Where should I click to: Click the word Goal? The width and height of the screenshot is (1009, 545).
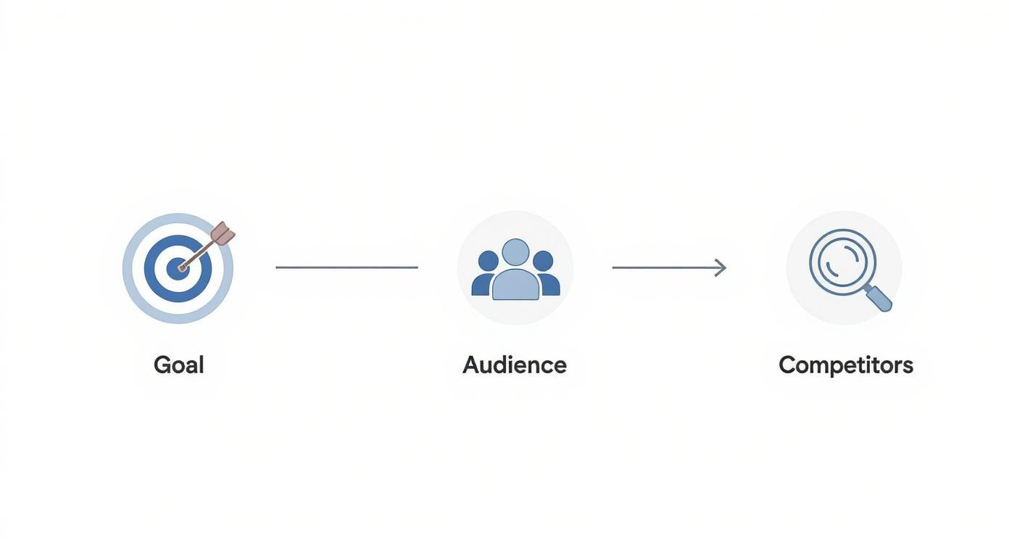coord(179,365)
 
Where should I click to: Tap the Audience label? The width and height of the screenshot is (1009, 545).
coord(515,365)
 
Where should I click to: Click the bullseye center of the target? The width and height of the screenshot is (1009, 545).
coord(178,268)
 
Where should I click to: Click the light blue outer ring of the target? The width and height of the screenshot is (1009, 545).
coord(128,268)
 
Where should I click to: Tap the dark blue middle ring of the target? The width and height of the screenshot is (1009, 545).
coord(150,268)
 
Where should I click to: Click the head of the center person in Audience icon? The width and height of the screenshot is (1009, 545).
coord(515,252)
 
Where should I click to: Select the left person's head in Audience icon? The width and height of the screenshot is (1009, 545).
coord(488,261)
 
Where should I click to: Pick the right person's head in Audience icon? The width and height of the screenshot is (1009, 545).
coord(543,261)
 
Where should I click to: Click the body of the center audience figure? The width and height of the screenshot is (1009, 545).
coord(515,285)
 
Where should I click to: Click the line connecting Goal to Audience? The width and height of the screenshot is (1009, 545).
coord(346,267)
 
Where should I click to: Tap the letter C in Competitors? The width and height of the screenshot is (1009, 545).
coord(788,365)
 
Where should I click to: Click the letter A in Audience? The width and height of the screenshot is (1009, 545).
coord(472,365)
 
